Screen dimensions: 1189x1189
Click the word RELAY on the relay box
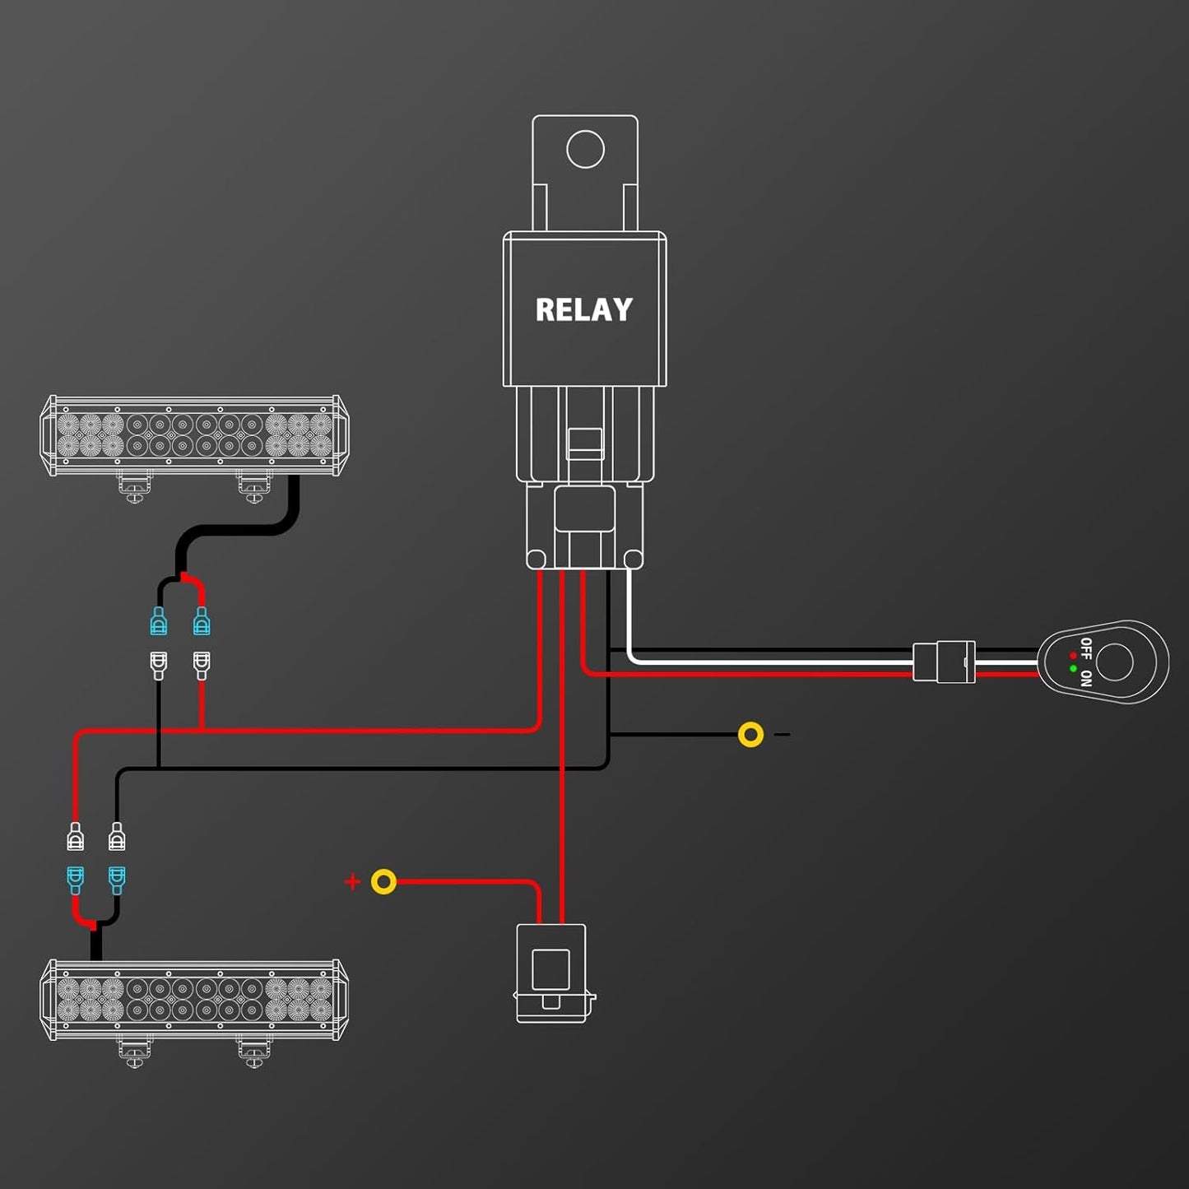584,310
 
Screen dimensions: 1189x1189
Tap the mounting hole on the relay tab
585,150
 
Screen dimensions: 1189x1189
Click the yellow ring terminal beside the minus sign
750,734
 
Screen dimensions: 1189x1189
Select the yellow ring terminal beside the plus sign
383,882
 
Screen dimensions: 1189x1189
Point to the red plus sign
352,882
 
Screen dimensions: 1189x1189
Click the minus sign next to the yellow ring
783,734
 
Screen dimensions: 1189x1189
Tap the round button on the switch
1115,662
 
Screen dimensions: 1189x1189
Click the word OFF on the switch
1086,648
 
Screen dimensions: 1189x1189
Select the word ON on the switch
1086,679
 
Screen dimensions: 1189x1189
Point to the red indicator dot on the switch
1073,656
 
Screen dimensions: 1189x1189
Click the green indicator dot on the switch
1073,669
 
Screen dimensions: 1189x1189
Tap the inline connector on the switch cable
944,662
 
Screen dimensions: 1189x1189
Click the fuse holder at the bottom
551,973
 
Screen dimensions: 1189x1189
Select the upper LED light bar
194,435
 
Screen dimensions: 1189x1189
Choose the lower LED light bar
194,1000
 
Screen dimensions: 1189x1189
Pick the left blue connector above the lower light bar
75,880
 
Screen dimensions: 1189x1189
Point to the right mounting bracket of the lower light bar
253,1052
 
